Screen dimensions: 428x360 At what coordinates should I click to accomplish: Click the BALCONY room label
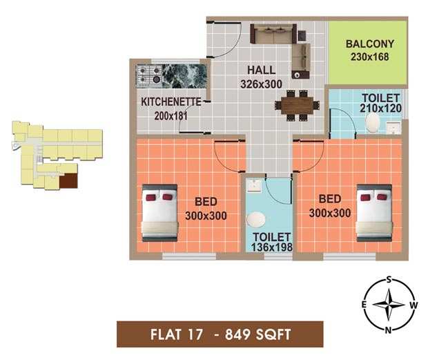click(x=370, y=44)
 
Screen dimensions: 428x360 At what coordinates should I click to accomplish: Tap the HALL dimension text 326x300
click(x=261, y=84)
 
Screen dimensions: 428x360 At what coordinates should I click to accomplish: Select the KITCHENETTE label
click(x=171, y=102)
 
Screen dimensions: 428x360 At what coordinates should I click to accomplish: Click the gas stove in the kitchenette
click(x=150, y=75)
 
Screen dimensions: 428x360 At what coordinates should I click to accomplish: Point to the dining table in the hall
click(x=298, y=106)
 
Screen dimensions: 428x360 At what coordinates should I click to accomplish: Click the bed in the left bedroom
click(x=159, y=213)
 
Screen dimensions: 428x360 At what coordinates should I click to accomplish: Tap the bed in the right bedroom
click(x=374, y=213)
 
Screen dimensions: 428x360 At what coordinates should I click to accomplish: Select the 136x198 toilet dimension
click(x=271, y=247)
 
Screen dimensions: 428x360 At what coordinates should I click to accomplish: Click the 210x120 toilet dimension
click(x=380, y=108)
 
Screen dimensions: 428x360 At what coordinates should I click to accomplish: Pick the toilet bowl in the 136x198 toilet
click(x=255, y=219)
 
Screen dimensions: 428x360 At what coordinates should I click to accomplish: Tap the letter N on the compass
click(x=388, y=330)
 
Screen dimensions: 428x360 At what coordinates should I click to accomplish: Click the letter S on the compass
click(x=389, y=279)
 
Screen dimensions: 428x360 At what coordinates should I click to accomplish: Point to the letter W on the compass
click(x=414, y=305)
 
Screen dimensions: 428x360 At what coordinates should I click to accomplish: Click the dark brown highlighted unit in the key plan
click(x=68, y=181)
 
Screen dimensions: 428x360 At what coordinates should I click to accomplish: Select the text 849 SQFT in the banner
click(x=258, y=334)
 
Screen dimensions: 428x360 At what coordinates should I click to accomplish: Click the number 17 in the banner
click(x=195, y=334)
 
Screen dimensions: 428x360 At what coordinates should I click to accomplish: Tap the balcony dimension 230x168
click(x=370, y=57)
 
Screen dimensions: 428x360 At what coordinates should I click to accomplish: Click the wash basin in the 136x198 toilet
click(x=254, y=185)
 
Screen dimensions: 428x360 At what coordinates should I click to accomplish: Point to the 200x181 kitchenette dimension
click(x=171, y=116)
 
